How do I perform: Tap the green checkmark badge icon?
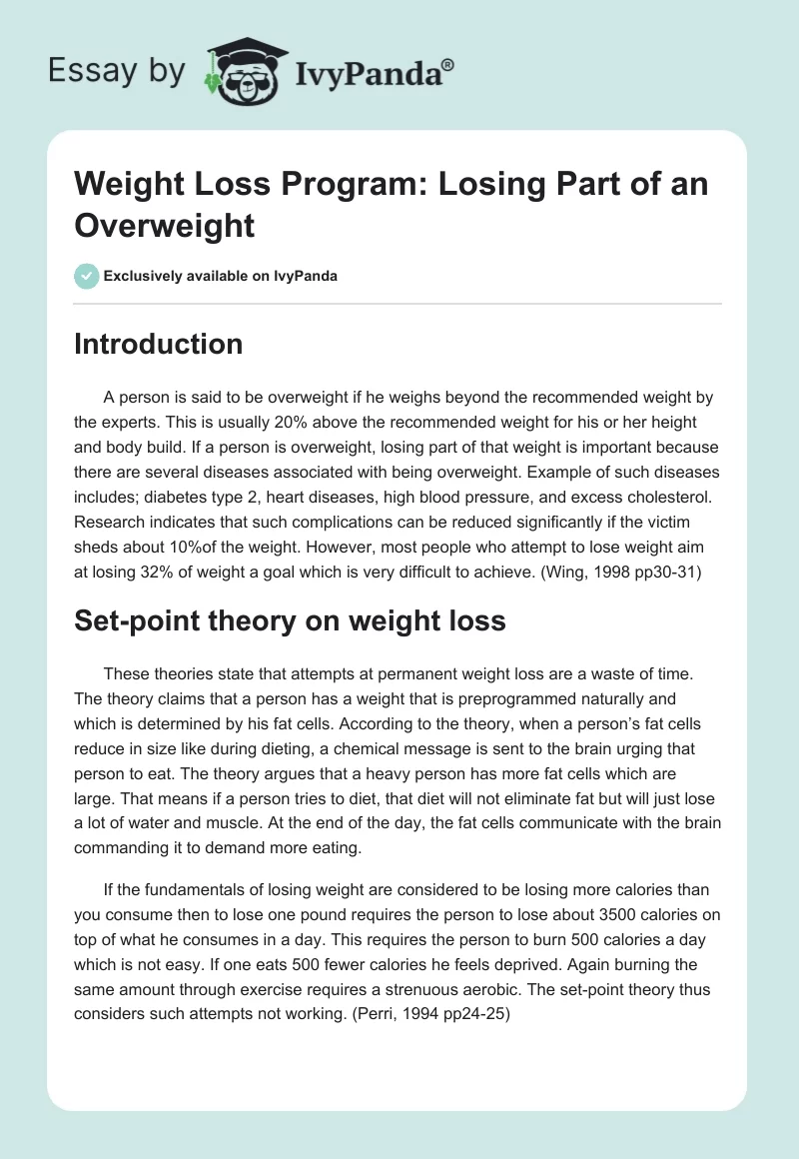pos(86,277)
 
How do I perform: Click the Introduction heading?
pos(159,345)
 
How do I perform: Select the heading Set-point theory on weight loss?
pos(290,620)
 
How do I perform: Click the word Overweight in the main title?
pos(165,225)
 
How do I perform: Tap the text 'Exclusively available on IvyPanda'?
pos(221,277)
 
